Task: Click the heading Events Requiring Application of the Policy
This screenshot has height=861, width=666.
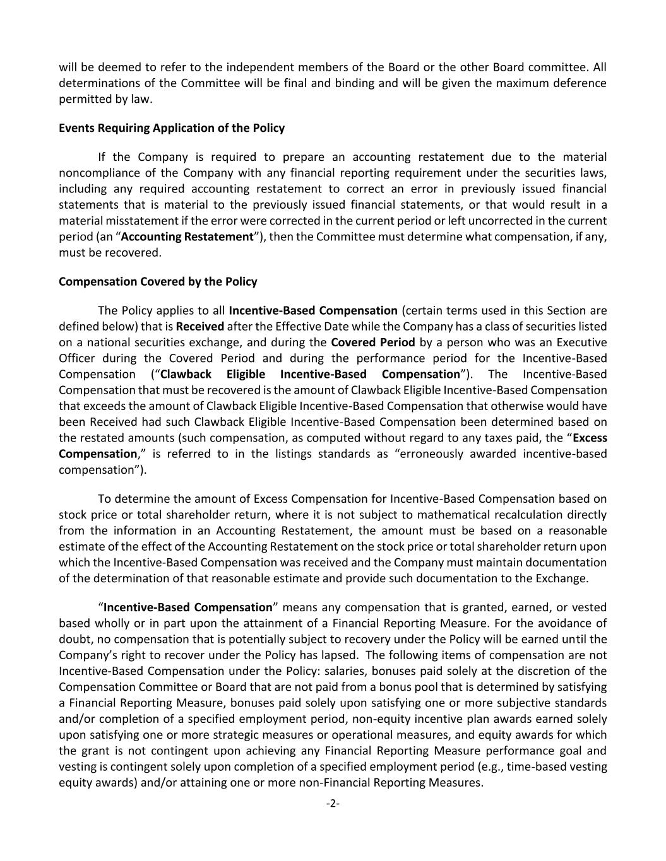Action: (172, 128)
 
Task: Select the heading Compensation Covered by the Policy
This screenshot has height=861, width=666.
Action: (158, 281)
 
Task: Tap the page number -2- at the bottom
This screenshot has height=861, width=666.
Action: (333, 804)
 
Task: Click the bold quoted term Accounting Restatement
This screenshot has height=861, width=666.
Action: (187, 237)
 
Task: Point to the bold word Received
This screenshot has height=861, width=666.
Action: (199, 326)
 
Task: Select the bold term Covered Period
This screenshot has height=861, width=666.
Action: (372, 342)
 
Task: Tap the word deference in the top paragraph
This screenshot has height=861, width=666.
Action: (578, 83)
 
